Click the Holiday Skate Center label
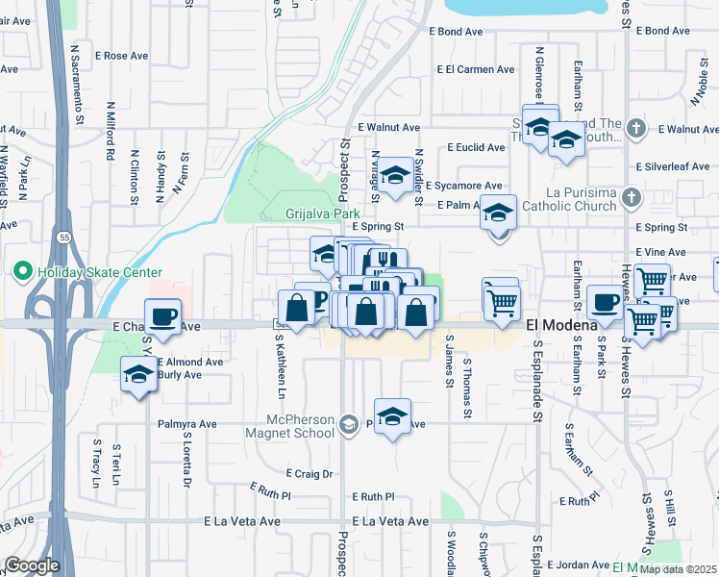pyautogui.click(x=100, y=273)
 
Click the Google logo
pyautogui.click(x=33, y=565)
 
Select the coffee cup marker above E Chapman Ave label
pyautogui.click(x=163, y=317)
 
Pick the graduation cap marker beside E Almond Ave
pyautogui.click(x=139, y=376)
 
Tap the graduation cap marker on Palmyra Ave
pyautogui.click(x=392, y=416)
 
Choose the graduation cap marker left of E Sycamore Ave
pyautogui.click(x=394, y=175)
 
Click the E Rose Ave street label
pyautogui.click(x=122, y=56)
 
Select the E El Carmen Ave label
pyautogui.click(x=476, y=69)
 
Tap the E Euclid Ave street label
pyautogui.click(x=476, y=147)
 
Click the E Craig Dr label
pyautogui.click(x=310, y=473)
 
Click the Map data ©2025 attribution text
pyautogui.click(x=677, y=569)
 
